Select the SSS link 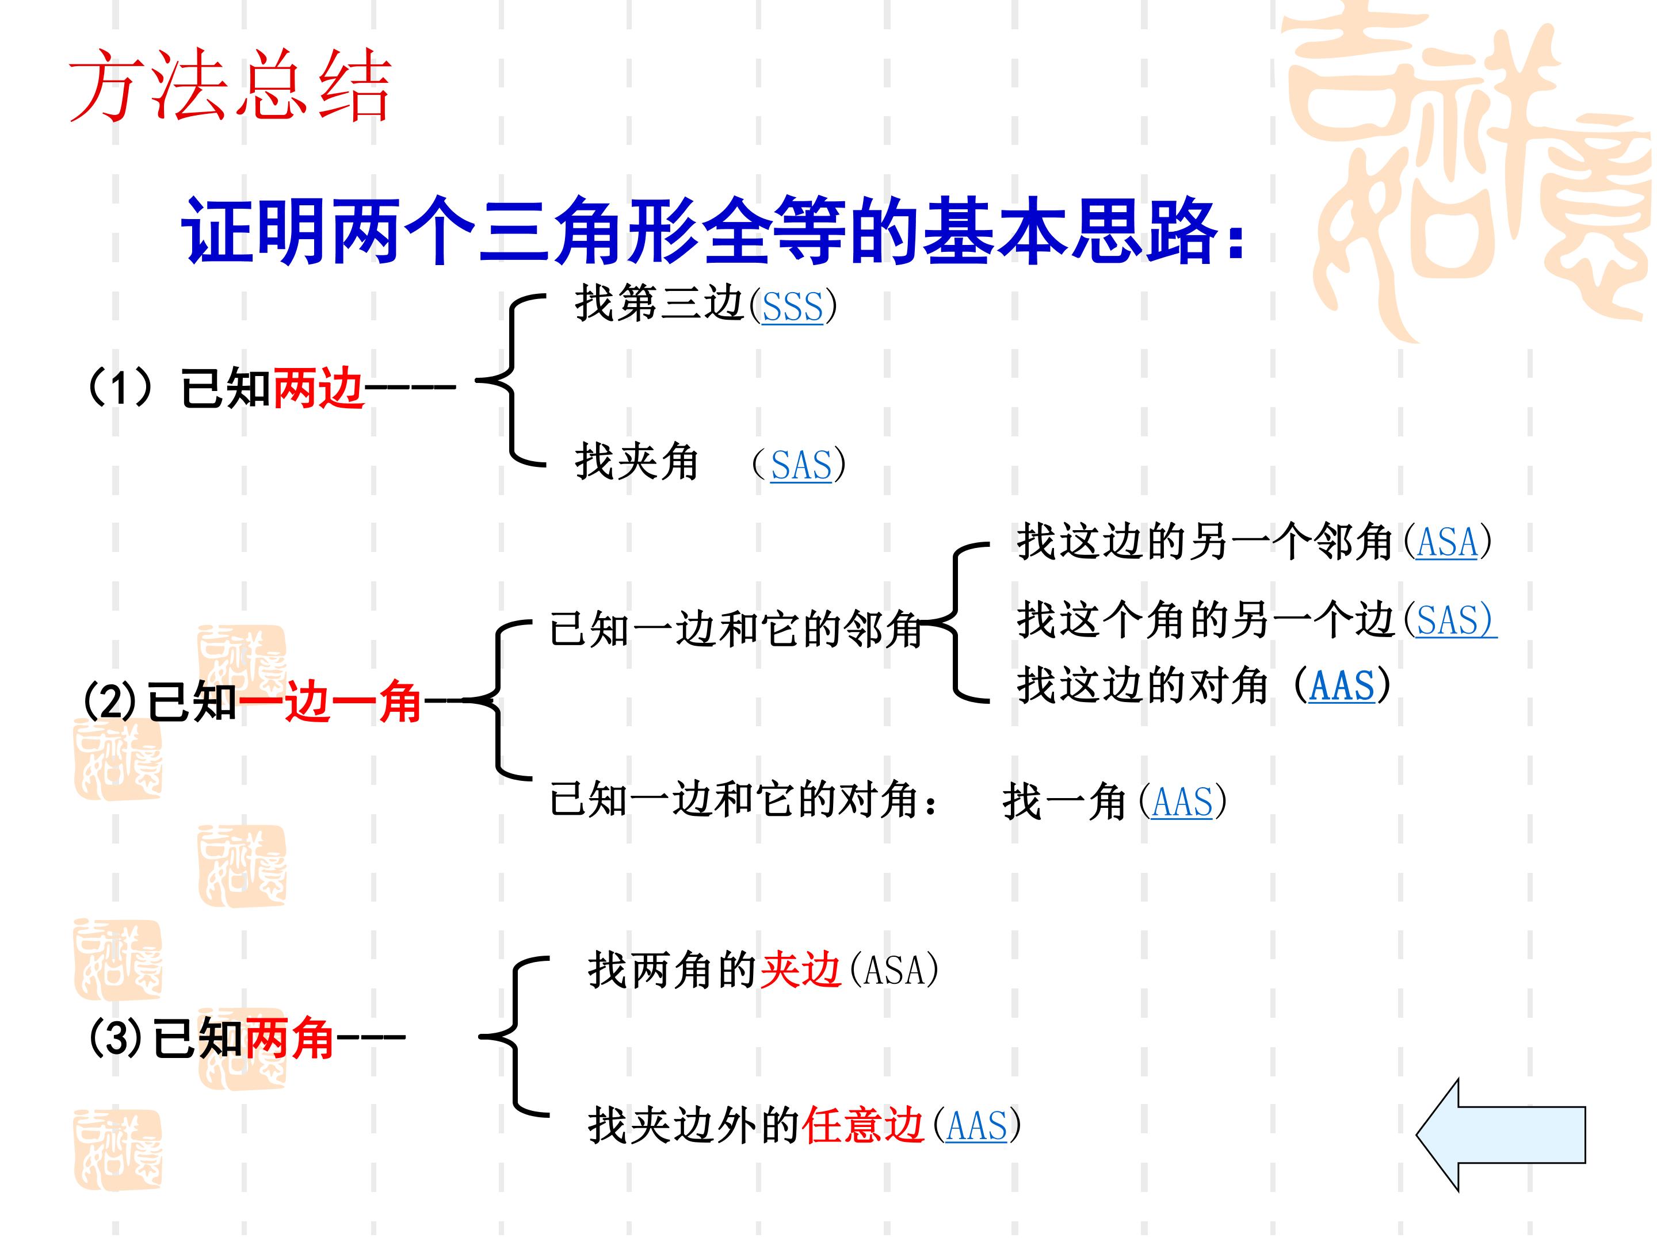point(793,307)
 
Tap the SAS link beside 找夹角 point(801,466)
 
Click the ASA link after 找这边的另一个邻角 point(1447,543)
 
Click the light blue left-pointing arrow point(1501,1135)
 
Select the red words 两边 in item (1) point(318,389)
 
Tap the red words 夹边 point(801,970)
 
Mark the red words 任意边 point(863,1125)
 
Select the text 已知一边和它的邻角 point(735,629)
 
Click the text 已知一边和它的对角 point(735,800)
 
